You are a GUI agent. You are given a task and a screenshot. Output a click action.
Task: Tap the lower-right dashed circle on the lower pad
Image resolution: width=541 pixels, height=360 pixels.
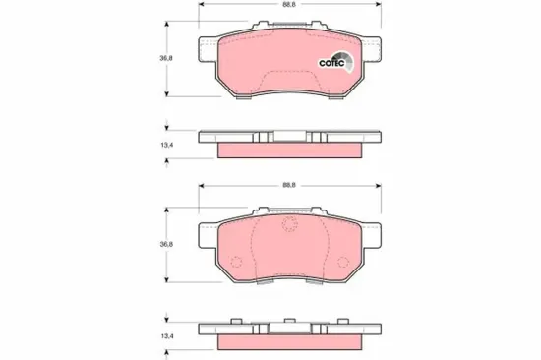tap(341, 263)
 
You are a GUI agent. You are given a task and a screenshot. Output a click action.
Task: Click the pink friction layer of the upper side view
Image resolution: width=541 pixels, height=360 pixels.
tap(285, 150)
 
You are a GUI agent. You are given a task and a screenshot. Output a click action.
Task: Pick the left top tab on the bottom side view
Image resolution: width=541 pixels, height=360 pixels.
tap(237, 322)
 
